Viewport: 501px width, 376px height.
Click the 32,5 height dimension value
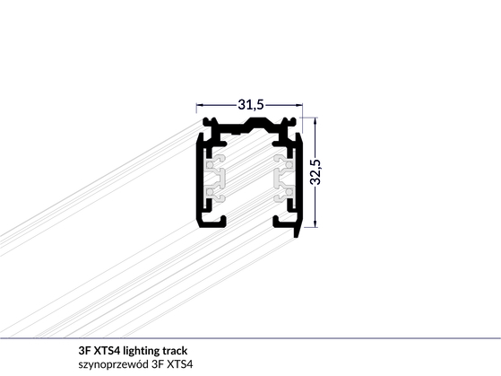(315, 171)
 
